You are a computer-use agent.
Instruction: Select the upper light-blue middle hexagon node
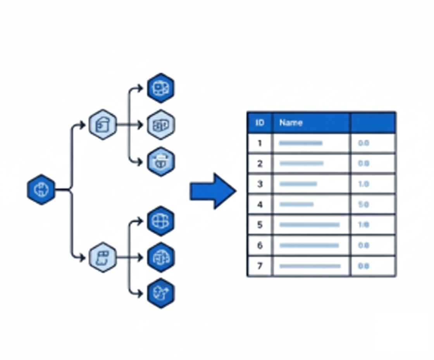click(102, 125)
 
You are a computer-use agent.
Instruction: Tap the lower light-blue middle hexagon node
click(102, 257)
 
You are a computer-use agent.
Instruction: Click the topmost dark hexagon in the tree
click(160, 88)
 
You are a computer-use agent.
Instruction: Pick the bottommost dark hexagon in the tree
click(160, 293)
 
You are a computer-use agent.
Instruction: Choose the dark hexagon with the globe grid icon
click(160, 221)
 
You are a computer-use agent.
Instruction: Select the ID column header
click(260, 123)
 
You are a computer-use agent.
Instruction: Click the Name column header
click(311, 123)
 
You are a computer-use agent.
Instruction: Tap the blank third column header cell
click(373, 123)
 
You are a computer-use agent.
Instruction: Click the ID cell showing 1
click(260, 143)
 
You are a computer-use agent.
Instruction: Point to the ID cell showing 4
click(260, 204)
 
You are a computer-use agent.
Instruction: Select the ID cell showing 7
click(260, 266)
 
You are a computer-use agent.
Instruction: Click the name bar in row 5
click(309, 225)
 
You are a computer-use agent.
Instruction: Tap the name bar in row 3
click(298, 184)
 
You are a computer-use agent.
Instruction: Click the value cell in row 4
click(373, 204)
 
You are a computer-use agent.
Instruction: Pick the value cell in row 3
click(373, 184)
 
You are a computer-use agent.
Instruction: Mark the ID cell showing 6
click(260, 246)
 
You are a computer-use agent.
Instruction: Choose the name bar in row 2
click(301, 163)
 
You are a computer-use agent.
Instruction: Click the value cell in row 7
click(373, 266)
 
